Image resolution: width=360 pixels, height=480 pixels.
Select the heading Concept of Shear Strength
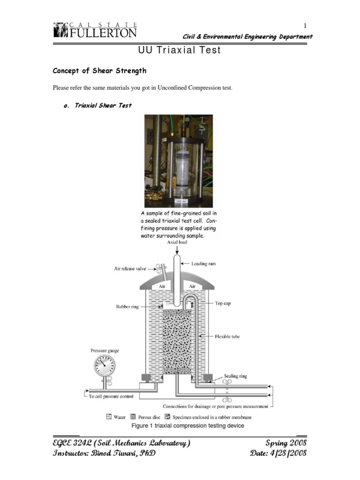[99, 71]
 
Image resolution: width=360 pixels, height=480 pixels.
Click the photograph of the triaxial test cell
[178, 160]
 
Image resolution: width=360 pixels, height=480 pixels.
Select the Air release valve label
[130, 269]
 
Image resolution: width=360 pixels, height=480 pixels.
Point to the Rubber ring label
[127, 307]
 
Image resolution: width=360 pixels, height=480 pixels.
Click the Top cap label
[223, 303]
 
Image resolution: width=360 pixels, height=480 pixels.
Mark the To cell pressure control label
[111, 396]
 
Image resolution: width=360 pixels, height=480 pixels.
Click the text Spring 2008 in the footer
[286, 443]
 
